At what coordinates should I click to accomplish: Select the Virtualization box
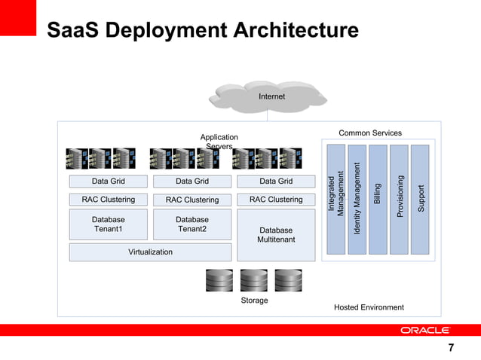coord(150,252)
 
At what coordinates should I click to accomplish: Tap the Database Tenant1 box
coord(109,224)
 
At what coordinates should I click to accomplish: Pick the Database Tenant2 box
coord(192,224)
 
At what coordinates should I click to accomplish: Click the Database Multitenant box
coord(276,235)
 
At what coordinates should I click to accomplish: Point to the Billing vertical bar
coord(378,199)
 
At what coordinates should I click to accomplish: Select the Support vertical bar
coord(421,199)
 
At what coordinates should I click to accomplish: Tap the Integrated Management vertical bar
coord(335,199)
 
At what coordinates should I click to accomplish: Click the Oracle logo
coord(424,330)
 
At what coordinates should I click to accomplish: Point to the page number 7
coord(451,348)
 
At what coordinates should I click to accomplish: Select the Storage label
coord(254,301)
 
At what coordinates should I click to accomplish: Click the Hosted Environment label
coord(369,307)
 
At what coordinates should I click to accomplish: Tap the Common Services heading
coord(370,133)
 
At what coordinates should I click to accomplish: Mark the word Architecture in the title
coord(292,31)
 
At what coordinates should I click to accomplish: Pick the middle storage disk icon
coord(254,280)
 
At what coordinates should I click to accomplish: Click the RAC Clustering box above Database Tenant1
coord(109,200)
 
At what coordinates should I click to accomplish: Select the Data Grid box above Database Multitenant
coord(276,181)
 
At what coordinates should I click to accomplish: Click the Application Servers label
coord(219,142)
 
